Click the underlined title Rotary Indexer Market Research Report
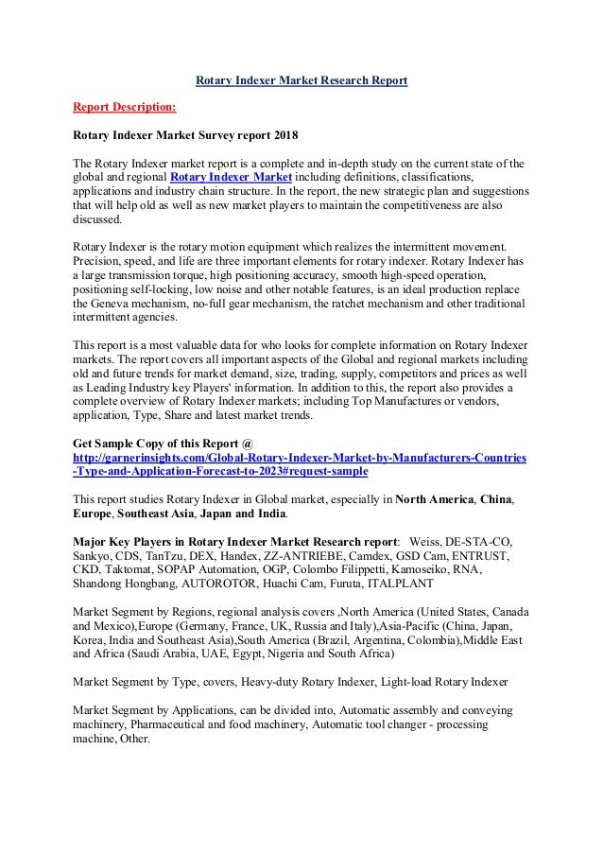coord(301,81)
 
